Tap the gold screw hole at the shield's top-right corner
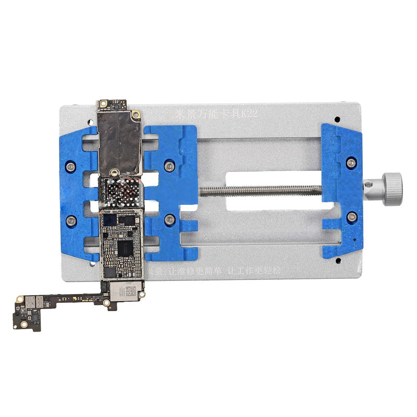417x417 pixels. [136, 114]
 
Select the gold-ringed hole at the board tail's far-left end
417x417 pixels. [19, 299]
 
